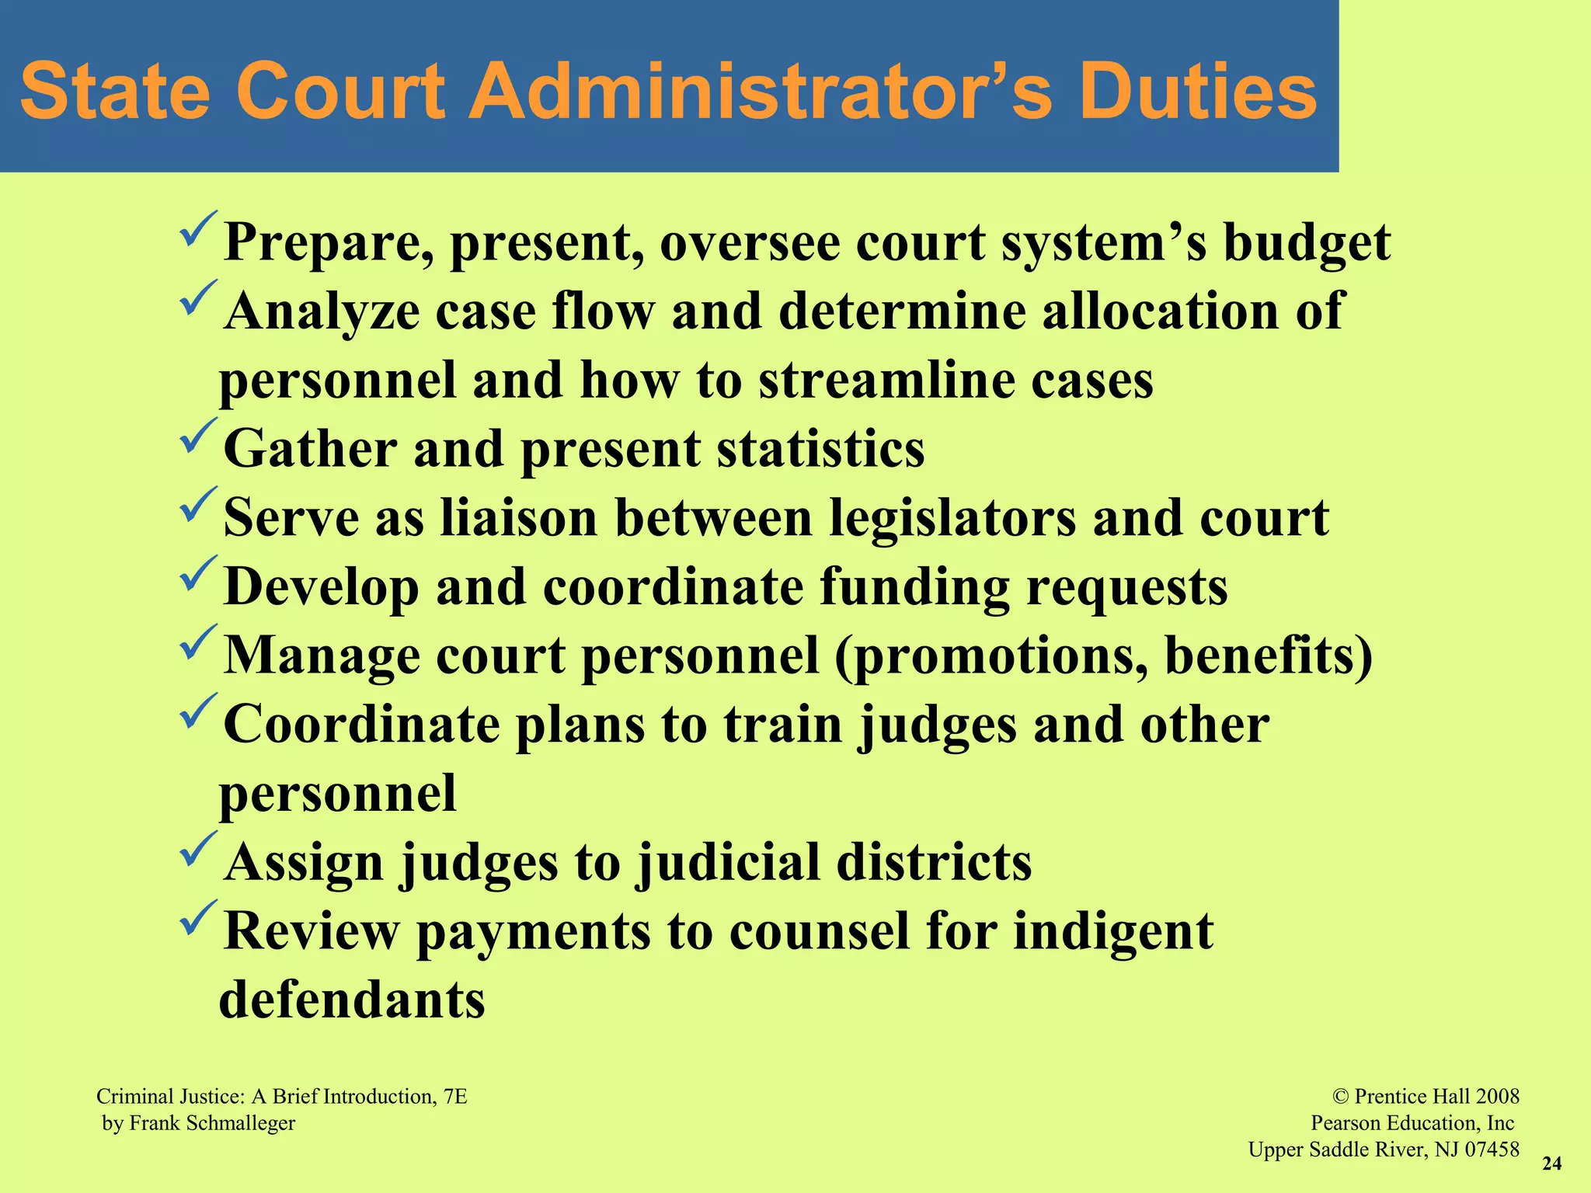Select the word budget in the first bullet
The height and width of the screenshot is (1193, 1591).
click(x=1307, y=243)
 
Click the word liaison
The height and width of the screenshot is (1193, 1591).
click(x=519, y=517)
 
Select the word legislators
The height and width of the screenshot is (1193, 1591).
click(x=952, y=517)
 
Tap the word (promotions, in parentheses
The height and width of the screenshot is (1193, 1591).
click(x=991, y=656)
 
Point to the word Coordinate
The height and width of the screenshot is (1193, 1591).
click(x=362, y=724)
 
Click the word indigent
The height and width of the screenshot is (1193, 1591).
click(x=1113, y=931)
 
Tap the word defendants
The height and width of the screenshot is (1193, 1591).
click(x=352, y=1000)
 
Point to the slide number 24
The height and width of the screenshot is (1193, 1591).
click(x=1551, y=1163)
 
